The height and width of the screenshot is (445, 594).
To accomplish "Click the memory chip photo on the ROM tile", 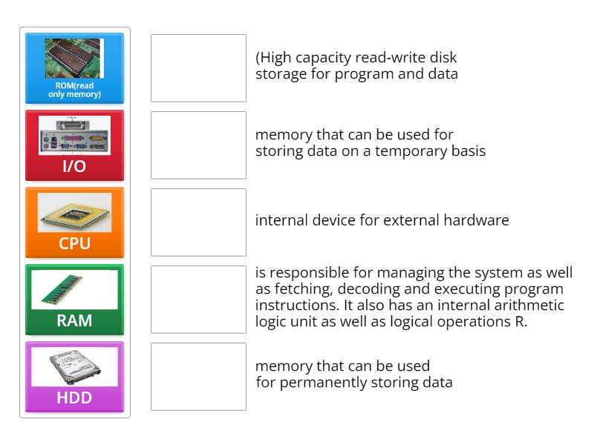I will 74,58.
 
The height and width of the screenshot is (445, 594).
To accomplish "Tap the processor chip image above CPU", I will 74,213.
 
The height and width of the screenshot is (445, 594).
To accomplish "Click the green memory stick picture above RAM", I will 74,289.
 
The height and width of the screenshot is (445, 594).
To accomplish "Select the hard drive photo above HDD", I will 74,366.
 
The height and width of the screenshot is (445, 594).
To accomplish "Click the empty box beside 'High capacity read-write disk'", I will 198,68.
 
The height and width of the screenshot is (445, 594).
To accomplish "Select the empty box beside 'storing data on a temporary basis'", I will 198,145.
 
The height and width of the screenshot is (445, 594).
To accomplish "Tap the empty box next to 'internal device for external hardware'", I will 198,222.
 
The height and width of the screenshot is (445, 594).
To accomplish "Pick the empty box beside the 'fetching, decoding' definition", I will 198,300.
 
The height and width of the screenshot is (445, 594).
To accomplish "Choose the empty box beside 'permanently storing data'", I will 198,377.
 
